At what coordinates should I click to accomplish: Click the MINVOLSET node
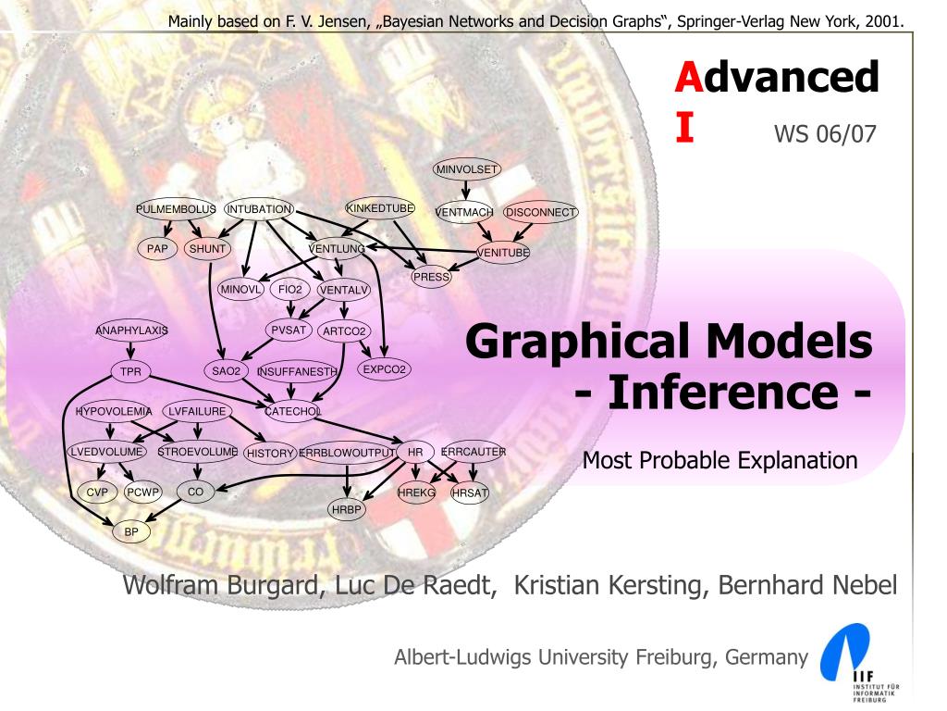(x=467, y=168)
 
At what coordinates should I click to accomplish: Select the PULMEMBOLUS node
(x=175, y=209)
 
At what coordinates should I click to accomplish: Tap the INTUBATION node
(x=259, y=209)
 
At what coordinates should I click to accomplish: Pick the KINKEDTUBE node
(x=380, y=208)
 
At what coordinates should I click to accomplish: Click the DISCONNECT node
(x=540, y=212)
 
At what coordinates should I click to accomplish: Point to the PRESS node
(x=431, y=276)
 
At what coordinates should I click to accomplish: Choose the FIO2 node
(x=290, y=290)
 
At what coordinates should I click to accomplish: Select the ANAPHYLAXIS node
(x=132, y=330)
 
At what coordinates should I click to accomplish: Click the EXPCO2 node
(x=385, y=369)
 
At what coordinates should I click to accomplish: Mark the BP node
(x=130, y=532)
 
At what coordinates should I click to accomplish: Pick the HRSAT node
(x=470, y=493)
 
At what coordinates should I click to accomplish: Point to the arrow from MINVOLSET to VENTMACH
(x=467, y=189)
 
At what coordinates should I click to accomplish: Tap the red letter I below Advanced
(x=683, y=128)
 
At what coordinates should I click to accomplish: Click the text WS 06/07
(x=824, y=134)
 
